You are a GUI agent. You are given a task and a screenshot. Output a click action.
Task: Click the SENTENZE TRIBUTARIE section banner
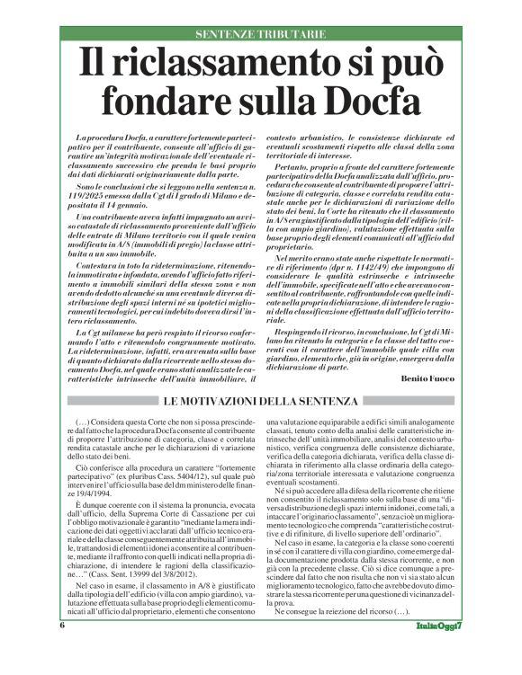click(259, 34)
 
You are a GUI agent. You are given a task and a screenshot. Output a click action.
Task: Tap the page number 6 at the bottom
click(62, 649)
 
